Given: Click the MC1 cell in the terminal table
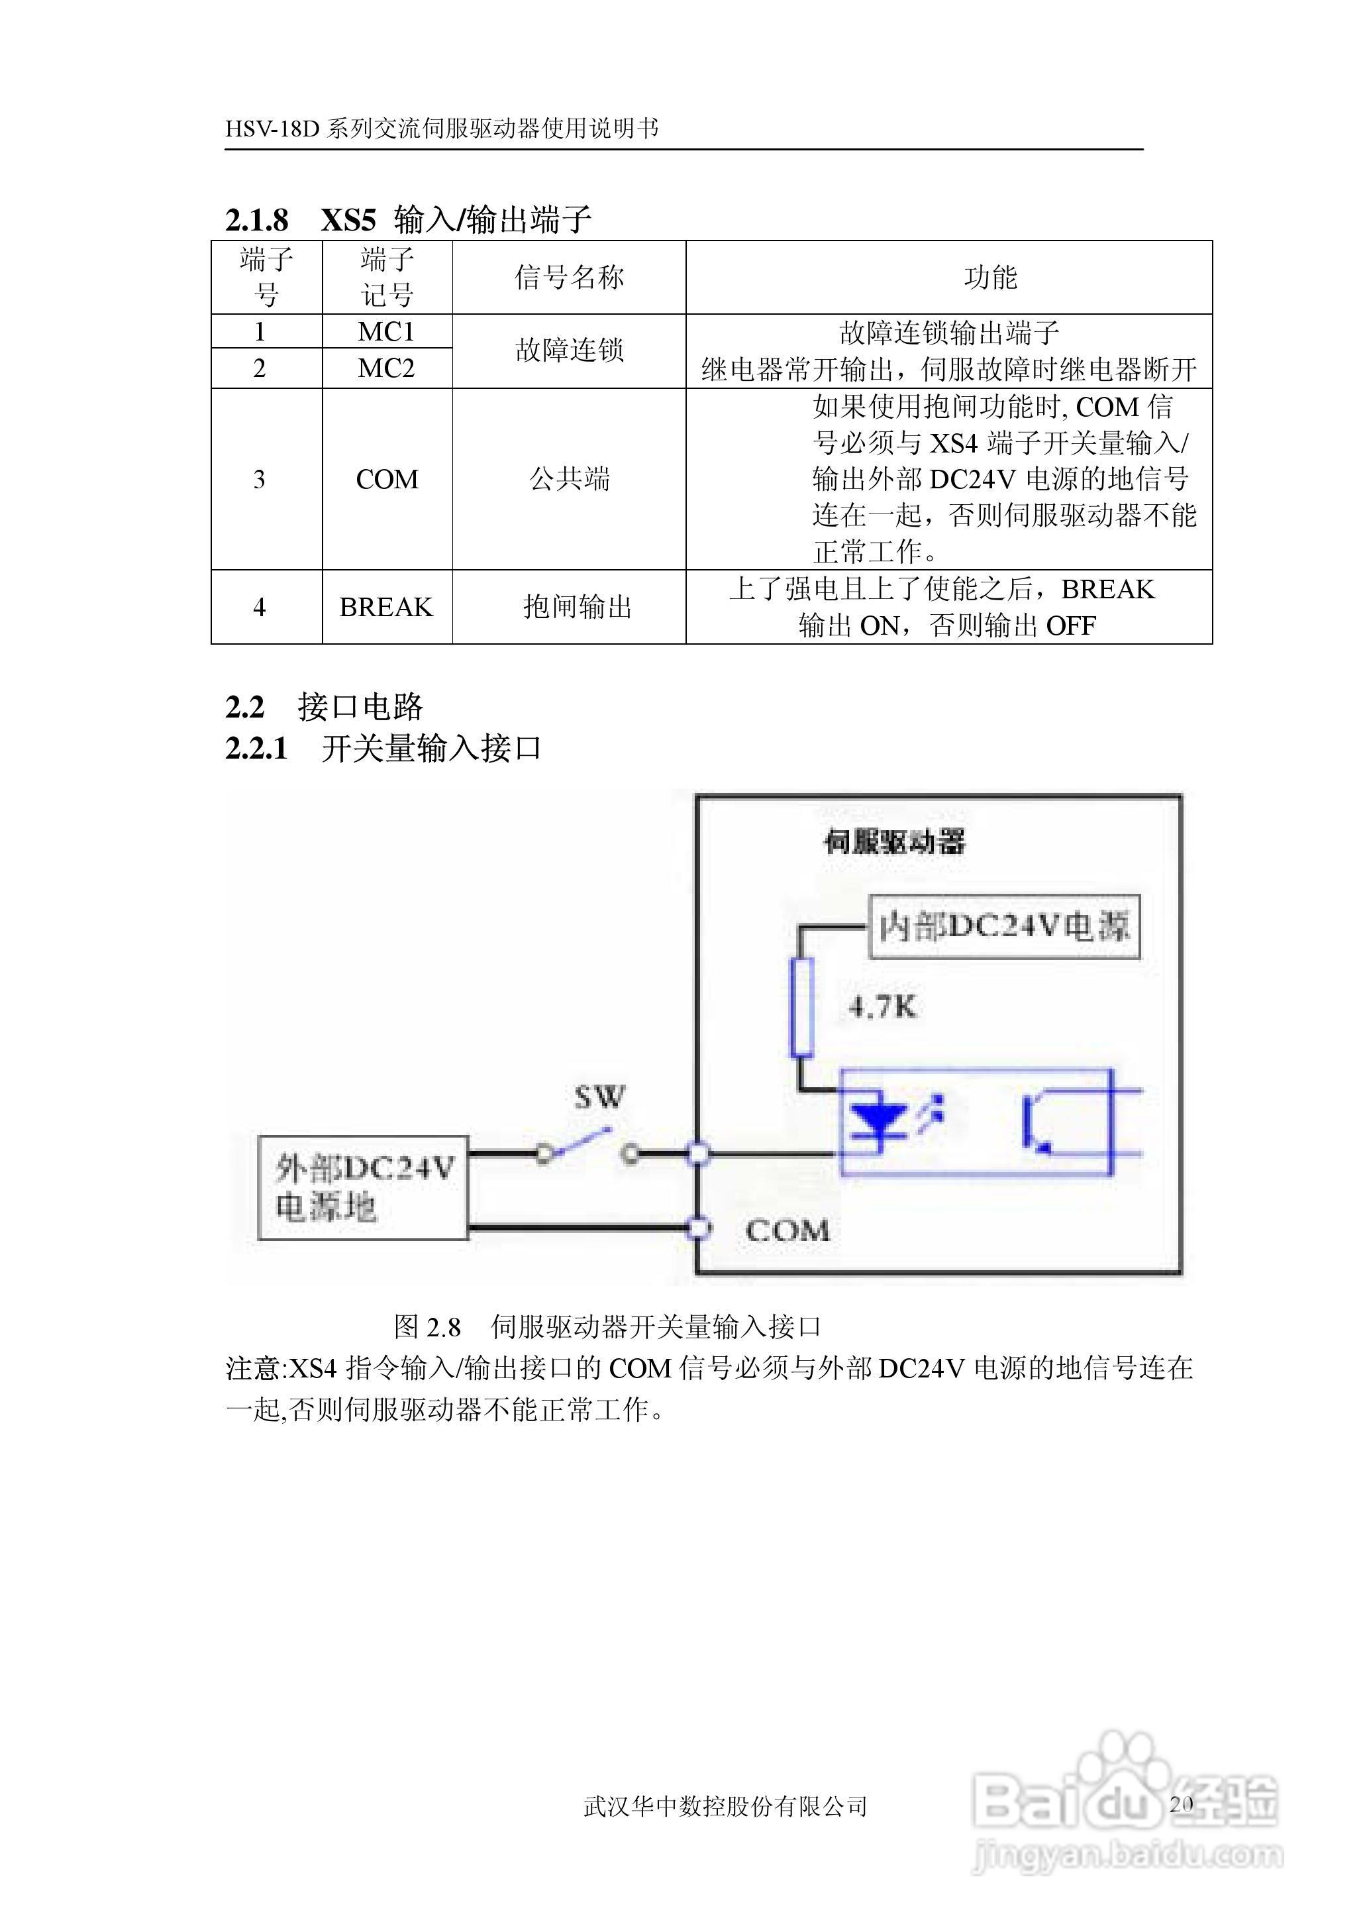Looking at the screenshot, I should coord(386,332).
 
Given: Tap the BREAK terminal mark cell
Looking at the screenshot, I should coord(386,607).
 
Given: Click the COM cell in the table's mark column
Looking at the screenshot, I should coord(386,479).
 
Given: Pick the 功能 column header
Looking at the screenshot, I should coord(990,277).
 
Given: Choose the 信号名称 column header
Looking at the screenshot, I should coord(569,277).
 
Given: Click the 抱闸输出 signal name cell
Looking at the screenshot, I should coord(577,607).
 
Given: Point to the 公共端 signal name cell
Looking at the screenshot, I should coord(569,479).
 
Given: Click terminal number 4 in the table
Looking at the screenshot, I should coord(259,607).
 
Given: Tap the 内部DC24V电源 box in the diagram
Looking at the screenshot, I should coord(1004,927).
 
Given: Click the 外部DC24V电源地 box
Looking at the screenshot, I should coord(363,1188).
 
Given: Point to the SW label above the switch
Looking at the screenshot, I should coord(599,1097).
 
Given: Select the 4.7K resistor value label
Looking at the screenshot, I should coord(882,1007).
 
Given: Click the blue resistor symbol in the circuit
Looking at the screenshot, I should coord(801,1007).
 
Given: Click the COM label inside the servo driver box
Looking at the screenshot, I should coord(787,1231).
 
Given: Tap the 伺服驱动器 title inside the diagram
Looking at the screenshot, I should coord(894,841).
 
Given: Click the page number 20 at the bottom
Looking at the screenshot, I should coord(1181,1804).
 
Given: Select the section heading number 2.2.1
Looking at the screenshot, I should coord(256,747).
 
